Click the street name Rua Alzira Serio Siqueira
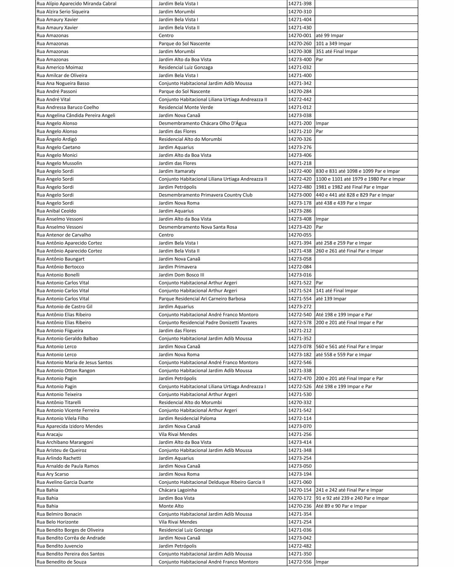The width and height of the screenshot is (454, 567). (63, 12)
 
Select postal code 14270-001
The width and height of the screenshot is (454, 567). (300, 36)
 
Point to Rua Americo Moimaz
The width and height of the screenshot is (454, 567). (60, 68)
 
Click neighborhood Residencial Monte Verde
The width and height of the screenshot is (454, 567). (186, 108)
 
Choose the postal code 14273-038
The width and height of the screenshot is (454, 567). (300, 115)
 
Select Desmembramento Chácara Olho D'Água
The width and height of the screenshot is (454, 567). (203, 123)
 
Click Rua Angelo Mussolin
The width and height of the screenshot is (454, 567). (59, 163)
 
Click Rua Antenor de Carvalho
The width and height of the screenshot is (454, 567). (63, 235)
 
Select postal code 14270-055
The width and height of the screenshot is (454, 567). (300, 235)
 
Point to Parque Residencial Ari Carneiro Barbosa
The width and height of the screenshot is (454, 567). (202, 299)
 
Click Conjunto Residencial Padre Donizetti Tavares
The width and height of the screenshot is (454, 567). (208, 323)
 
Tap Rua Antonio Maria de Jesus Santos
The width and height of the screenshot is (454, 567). (74, 363)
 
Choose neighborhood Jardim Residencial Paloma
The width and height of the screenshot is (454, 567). (187, 419)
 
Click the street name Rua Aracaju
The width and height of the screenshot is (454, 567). (50, 435)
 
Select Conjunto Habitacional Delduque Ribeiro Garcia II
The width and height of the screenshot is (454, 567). (212, 483)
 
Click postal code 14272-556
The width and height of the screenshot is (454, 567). (300, 562)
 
